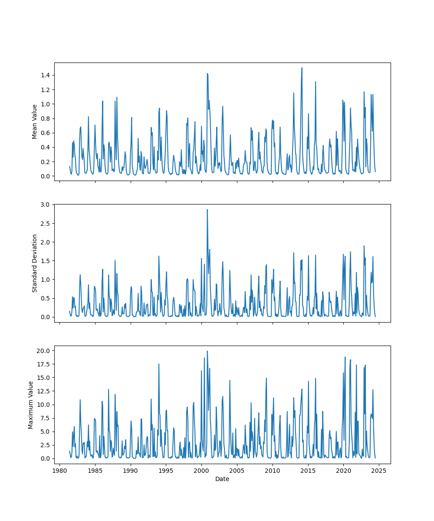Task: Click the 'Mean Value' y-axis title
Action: coord(35,122)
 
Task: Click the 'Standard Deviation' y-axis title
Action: coord(35,263)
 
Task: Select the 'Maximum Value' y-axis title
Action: coord(31,405)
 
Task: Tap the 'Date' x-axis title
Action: coord(222,479)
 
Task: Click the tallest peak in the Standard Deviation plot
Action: coord(207,210)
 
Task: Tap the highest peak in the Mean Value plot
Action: coord(302,68)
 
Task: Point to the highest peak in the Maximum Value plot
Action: coord(207,351)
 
